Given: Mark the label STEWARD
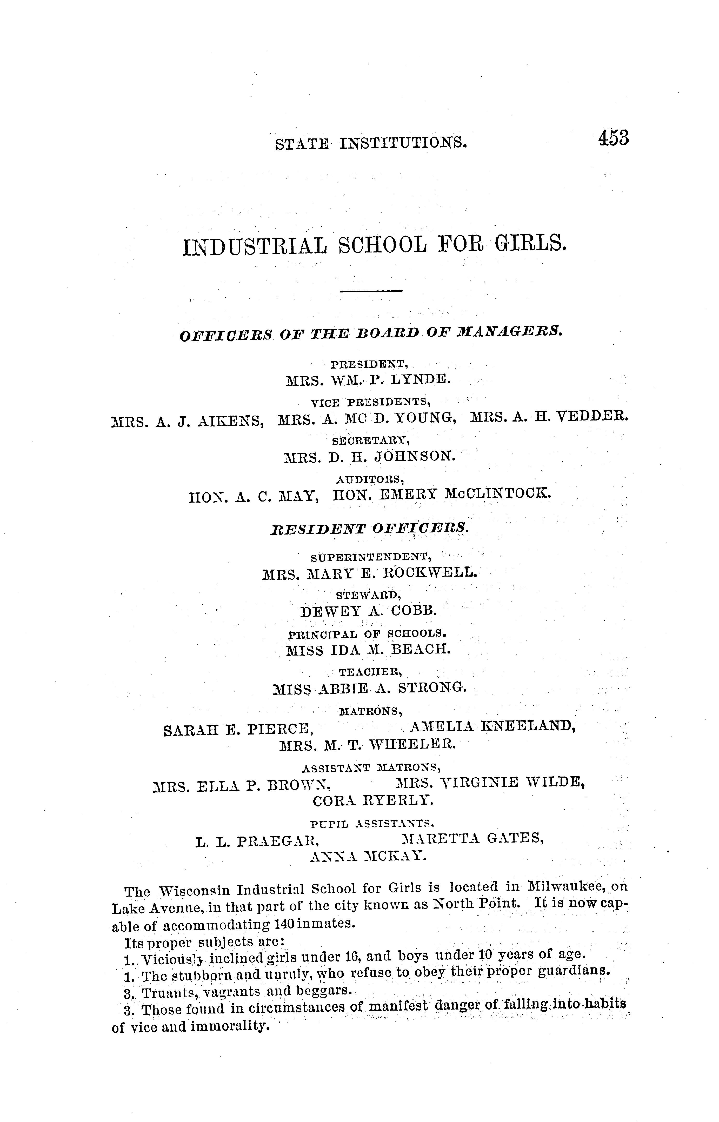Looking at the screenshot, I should [368, 595].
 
